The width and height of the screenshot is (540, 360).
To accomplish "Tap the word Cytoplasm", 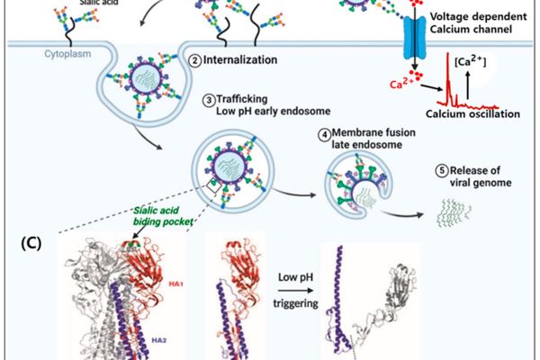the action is click(67, 54).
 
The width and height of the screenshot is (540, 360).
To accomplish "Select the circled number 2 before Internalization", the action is click(195, 61).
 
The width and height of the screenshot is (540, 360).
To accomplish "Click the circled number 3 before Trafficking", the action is click(209, 100).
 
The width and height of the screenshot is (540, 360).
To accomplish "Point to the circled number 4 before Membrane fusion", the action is click(324, 135).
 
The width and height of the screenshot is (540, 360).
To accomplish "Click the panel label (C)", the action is click(31, 243).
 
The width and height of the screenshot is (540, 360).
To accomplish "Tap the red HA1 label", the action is click(175, 284).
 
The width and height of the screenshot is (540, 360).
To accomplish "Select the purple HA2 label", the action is click(159, 340).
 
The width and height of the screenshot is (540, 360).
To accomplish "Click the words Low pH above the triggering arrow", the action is click(295, 277).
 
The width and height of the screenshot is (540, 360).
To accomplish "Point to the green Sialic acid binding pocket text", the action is click(163, 216).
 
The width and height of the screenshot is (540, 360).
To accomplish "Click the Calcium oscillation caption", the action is click(472, 114).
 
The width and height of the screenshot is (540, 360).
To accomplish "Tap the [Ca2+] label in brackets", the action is click(471, 62).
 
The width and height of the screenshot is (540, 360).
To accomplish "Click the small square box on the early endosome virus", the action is click(214, 186).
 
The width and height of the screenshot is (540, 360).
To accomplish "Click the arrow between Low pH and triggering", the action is click(295, 291).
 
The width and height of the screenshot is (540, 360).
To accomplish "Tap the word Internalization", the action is click(240, 60).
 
